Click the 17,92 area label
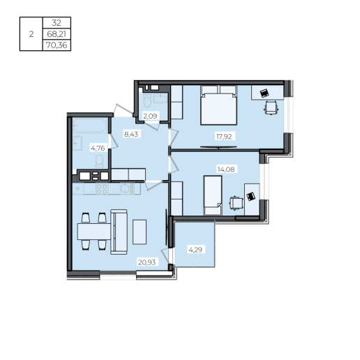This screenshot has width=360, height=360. pos(224,137)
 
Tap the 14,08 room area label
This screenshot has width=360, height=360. pos(226,170)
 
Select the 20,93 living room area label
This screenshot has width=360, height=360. pos(147,262)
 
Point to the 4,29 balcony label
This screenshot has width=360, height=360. pos(195,250)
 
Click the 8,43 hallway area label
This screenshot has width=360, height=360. pos(131,134)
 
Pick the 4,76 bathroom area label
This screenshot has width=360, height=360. pos(98,148)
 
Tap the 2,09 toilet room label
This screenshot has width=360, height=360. pos(150,116)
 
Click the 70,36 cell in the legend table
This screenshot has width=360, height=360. pos(57,45)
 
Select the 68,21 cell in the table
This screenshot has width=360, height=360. pos(57,34)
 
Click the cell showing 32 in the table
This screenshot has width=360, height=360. pos(57,23)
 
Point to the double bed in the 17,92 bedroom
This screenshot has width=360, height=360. pos(219,105)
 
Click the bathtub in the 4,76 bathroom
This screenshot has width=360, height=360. pos(90,126)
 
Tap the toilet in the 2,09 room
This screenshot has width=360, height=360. pos(147,100)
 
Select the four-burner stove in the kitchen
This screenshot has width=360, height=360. pos(102,189)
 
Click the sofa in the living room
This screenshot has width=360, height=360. pos(119,232)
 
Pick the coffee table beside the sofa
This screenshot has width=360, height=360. pos(140,232)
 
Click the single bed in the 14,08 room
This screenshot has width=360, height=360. pos(213,195)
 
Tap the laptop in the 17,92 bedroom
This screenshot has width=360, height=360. pos(264,93)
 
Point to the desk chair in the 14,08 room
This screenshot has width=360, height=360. pos(236,203)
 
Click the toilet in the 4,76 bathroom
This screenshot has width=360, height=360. pos(100,161)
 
